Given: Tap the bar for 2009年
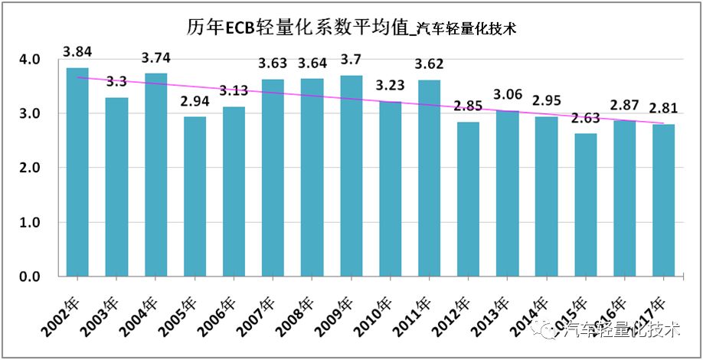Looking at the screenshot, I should coord(351,175).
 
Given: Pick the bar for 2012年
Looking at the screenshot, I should coord(468,198).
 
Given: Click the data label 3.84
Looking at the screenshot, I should coord(77,53).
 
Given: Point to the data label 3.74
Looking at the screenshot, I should coord(155,57).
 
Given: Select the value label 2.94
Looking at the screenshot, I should coord(195,101).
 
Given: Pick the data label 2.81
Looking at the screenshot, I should coord(663,108).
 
